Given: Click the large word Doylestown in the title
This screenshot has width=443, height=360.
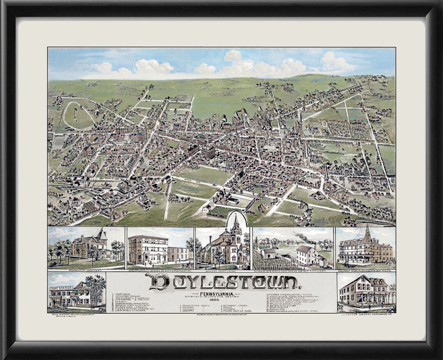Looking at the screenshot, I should (221, 282).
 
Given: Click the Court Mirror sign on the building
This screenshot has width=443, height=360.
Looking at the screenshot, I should (62, 288).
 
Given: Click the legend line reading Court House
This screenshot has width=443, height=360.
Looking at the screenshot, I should (123, 294).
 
